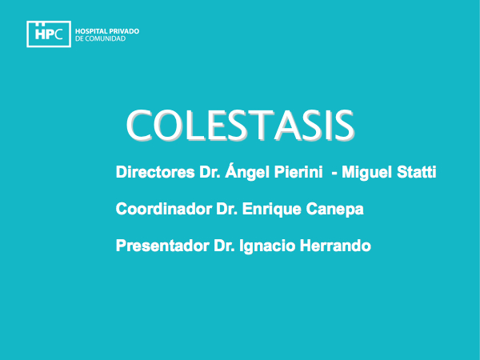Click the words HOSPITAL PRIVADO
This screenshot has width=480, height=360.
point(107,31)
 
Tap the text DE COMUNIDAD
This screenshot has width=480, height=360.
point(101,38)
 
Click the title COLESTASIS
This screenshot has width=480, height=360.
point(240,126)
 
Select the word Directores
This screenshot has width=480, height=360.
point(155,172)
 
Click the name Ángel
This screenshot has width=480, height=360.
point(247,172)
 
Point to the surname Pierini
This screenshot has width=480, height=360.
point(298,172)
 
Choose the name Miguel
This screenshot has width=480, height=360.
point(366,173)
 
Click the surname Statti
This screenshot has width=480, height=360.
point(416,172)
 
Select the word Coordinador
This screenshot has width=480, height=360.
point(164,209)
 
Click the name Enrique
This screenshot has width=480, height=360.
point(272,210)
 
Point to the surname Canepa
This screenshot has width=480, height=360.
point(334,210)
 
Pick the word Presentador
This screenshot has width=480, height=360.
point(162,246)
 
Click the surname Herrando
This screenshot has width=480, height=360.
point(335,246)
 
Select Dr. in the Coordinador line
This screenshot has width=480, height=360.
point(227,209)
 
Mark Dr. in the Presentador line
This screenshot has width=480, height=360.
point(224,246)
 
